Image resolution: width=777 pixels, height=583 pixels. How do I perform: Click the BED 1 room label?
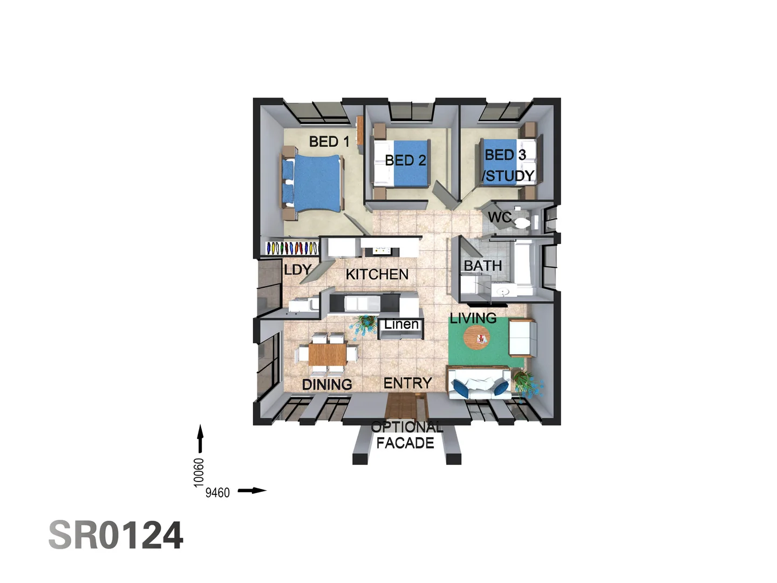coord(329,142)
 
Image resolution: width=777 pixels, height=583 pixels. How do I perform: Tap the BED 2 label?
coord(405,160)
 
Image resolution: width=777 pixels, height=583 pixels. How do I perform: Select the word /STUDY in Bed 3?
coord(508,176)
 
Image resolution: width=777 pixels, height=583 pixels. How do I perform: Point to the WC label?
coord(499,218)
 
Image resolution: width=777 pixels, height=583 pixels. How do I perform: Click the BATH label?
coord(482,266)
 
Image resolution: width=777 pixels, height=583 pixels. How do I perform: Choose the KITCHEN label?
coord(377,275)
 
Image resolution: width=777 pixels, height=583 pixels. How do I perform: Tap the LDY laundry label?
coord(297,269)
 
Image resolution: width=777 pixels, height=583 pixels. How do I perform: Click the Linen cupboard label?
coord(401,324)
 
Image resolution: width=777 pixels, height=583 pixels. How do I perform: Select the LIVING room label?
coord(473,318)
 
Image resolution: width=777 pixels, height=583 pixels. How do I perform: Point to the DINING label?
coord(327,385)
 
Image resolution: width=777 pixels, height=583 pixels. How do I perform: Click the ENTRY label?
coord(407,383)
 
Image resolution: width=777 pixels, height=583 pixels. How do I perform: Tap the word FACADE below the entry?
coord(405,443)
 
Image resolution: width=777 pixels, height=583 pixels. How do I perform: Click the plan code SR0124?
coord(116,535)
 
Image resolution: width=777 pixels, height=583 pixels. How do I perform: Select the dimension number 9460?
coord(217,492)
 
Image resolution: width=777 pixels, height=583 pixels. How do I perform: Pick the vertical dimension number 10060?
coord(199,472)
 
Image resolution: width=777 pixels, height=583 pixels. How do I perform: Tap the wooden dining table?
coord(326,354)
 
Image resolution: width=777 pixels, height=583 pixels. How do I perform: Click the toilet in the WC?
coord(522,222)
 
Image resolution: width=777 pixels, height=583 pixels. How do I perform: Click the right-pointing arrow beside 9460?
coord(252,491)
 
